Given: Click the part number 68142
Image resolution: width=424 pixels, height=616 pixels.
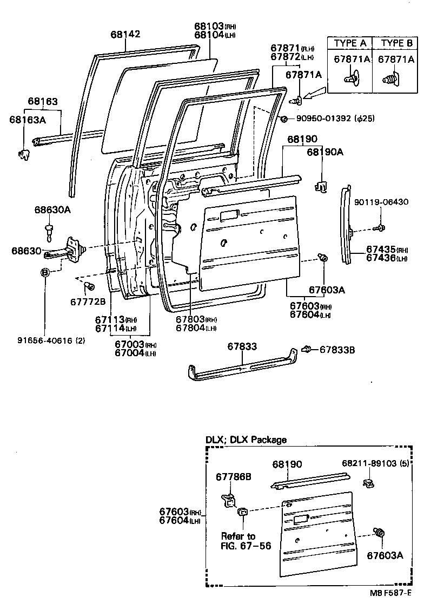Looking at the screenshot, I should tap(125, 34).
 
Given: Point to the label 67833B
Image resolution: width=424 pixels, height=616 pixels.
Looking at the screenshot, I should tap(337, 350).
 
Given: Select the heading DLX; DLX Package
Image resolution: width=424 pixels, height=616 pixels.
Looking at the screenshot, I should tap(246, 440).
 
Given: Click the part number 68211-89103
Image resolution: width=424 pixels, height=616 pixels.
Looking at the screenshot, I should tap(376, 464).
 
